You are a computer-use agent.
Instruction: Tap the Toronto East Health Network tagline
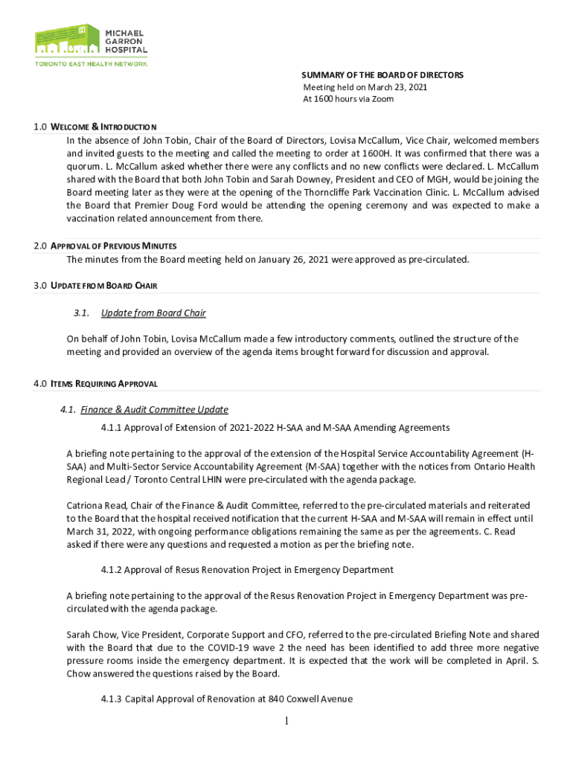[x=91, y=63]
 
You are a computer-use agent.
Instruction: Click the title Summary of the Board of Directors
[x=382, y=75]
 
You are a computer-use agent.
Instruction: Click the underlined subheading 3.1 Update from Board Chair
[x=153, y=313]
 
